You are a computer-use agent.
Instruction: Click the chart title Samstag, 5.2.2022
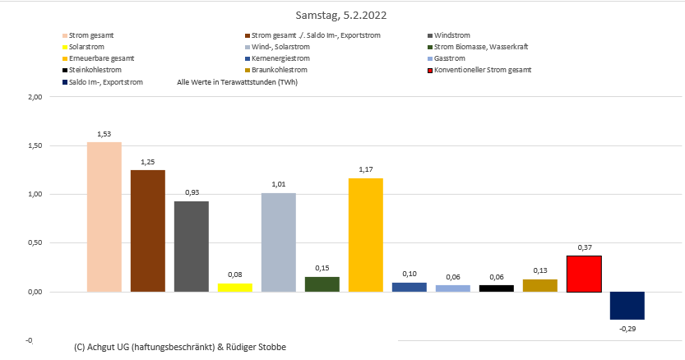coord(341,16)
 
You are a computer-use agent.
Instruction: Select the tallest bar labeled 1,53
coord(104,217)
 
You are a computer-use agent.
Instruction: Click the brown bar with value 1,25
coord(148,231)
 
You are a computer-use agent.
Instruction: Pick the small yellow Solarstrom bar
coord(235,288)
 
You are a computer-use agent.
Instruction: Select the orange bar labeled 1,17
coord(366,235)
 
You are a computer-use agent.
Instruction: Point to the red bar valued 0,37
coord(584,274)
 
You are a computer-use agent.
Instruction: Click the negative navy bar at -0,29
coord(627,306)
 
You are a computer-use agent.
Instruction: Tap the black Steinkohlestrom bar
coord(497,288)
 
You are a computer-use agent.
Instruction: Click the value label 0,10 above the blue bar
coord(410,274)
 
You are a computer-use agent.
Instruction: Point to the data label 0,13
coord(540,270)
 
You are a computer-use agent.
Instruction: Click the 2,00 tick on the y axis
coord(35,97)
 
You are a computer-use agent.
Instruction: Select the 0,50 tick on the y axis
coord(35,243)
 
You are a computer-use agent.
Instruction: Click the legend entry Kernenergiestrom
coord(280,59)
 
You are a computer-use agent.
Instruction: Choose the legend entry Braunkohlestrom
coord(280,71)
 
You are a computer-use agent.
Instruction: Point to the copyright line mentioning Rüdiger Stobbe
coord(180,348)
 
